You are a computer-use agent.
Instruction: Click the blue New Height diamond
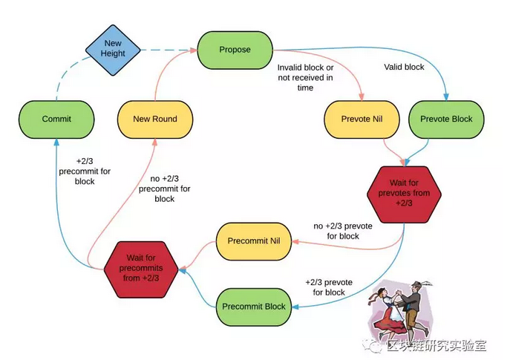[x=113, y=50]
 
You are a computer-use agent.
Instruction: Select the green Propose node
[x=235, y=50]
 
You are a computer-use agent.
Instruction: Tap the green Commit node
[x=56, y=120]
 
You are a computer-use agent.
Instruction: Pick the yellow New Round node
[x=155, y=120]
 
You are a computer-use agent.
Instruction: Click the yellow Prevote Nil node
[x=362, y=120]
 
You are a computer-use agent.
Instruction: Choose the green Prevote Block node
[x=446, y=120]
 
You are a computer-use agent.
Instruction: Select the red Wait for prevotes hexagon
[x=404, y=194]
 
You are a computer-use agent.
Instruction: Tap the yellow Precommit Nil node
[x=254, y=241]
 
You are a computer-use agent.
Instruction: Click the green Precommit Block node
[x=254, y=307]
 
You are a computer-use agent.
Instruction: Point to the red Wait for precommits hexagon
[x=141, y=269]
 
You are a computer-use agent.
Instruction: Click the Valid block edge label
[x=404, y=67]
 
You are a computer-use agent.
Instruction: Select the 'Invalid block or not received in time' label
[x=305, y=77]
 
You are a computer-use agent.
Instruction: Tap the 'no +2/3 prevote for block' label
[x=343, y=231]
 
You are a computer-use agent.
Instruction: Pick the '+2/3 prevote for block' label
[x=329, y=287]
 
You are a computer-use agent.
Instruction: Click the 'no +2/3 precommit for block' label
[x=165, y=189]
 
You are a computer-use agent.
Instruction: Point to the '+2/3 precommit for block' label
[x=85, y=171]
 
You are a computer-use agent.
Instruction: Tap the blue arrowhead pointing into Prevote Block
[x=446, y=97]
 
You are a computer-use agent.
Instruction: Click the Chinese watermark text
[x=437, y=346]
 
